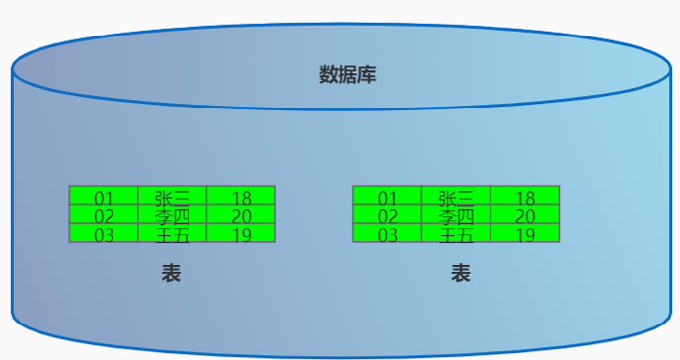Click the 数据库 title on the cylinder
(x=346, y=75)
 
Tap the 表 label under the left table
(x=171, y=274)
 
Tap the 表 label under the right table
(x=460, y=274)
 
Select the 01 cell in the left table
(x=104, y=196)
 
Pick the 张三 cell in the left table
(x=172, y=196)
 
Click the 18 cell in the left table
(x=241, y=196)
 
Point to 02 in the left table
(x=104, y=215)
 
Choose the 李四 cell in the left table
(x=172, y=215)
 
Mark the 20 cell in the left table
(x=241, y=215)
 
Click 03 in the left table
(x=104, y=234)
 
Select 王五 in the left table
(x=172, y=234)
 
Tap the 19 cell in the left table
(x=241, y=234)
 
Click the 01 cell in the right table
(x=387, y=196)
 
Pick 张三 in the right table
(x=456, y=196)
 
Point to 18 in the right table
(x=525, y=196)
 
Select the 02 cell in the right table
(x=387, y=215)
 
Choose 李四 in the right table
(x=456, y=215)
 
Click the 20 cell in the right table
(x=525, y=215)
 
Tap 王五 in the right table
(x=456, y=234)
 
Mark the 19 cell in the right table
(x=525, y=234)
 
